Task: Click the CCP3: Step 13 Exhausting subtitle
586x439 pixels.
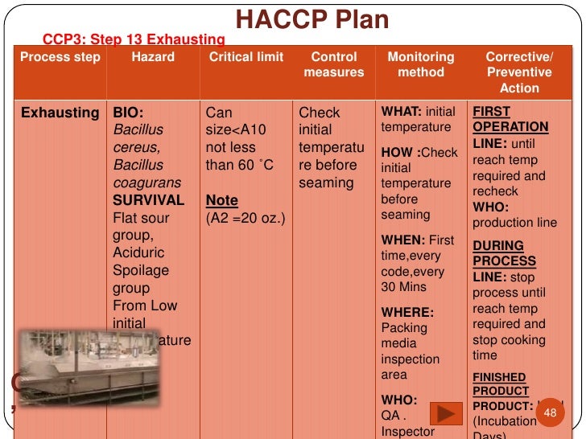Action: [x=134, y=39]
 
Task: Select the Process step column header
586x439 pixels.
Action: [x=60, y=57]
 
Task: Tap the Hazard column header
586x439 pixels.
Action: [x=152, y=57]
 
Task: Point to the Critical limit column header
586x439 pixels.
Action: [x=246, y=57]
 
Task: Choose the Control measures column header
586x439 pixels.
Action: [x=334, y=64]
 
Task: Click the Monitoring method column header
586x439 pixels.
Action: [x=420, y=64]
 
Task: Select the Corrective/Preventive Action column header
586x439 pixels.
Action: [x=519, y=72]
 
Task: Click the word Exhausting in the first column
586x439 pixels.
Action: [x=60, y=113]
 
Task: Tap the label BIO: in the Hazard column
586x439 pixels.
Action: [x=129, y=113]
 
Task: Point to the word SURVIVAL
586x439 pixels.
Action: [x=148, y=200]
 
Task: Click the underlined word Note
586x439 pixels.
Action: [x=221, y=200]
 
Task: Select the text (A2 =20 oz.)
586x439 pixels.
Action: [x=246, y=218]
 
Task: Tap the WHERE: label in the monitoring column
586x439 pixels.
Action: [x=407, y=312]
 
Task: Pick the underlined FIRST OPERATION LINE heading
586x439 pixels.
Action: [x=510, y=127]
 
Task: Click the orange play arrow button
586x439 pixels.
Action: [x=446, y=413]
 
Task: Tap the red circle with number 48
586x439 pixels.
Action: [x=551, y=412]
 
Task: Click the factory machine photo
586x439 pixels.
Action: [x=89, y=367]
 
